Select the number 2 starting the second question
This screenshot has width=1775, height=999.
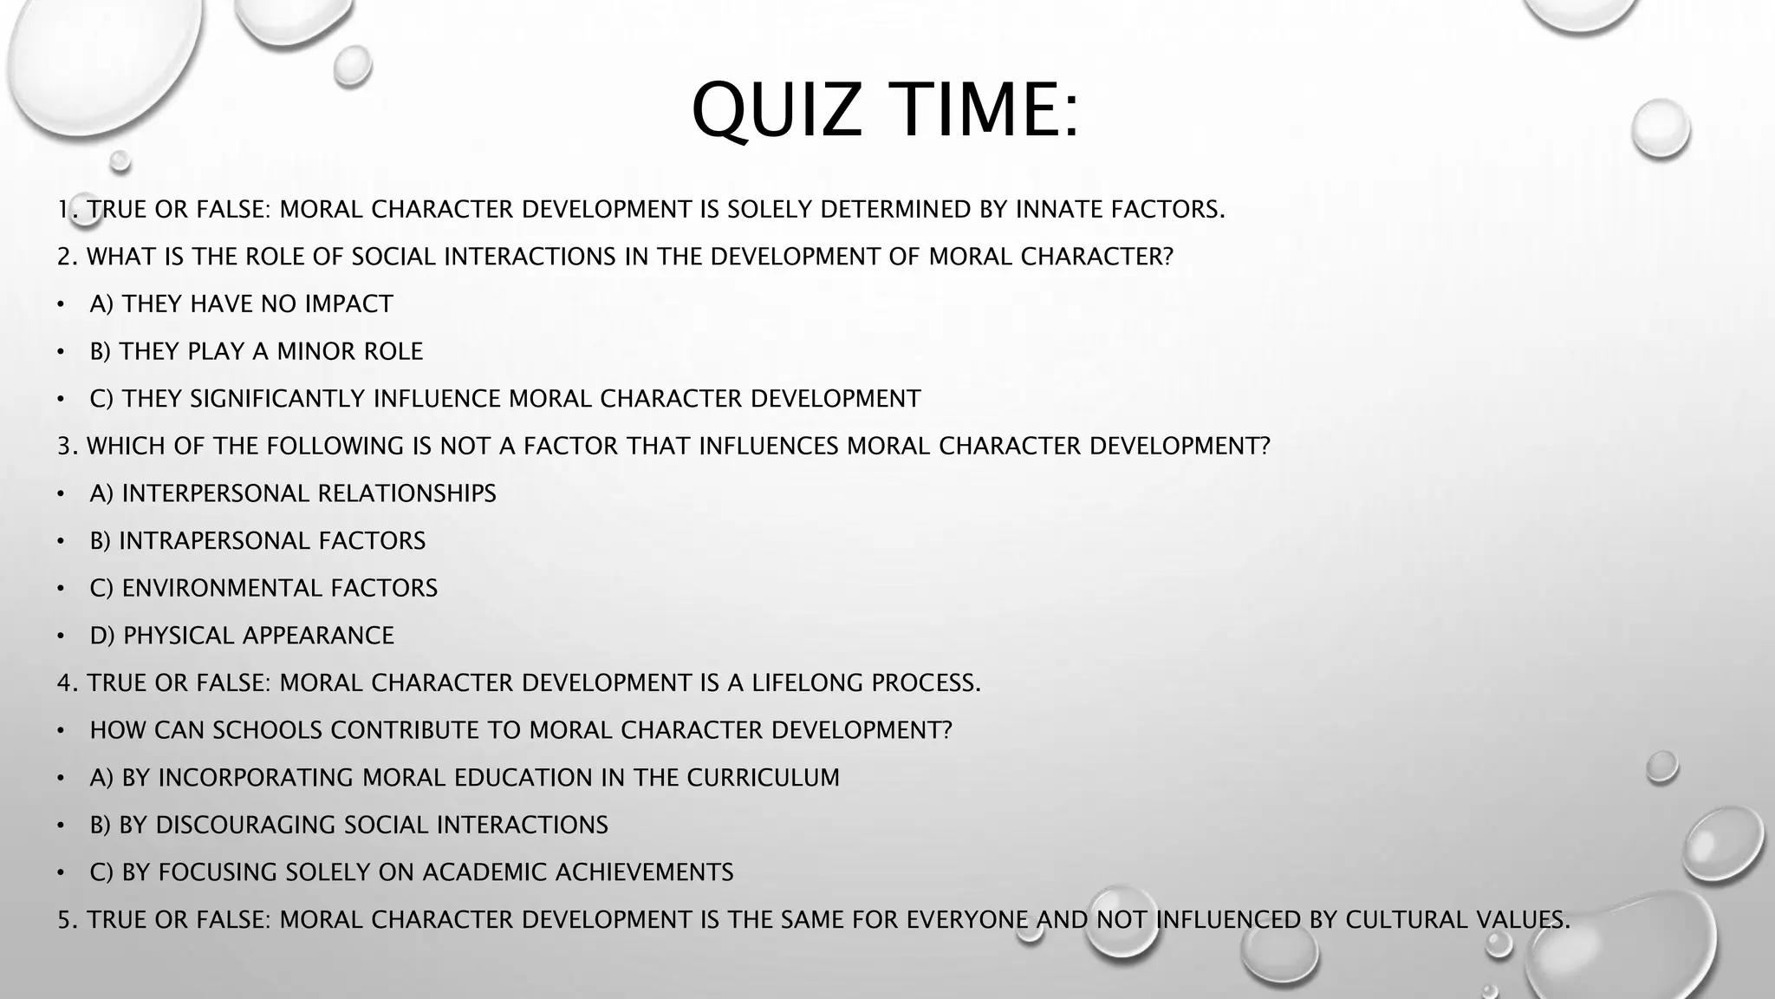click(64, 257)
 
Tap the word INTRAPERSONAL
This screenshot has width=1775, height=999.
click(214, 541)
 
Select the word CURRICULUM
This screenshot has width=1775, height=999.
click(764, 778)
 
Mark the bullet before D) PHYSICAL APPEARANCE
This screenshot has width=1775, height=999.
click(61, 637)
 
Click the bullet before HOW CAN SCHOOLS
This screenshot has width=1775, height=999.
click(61, 731)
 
